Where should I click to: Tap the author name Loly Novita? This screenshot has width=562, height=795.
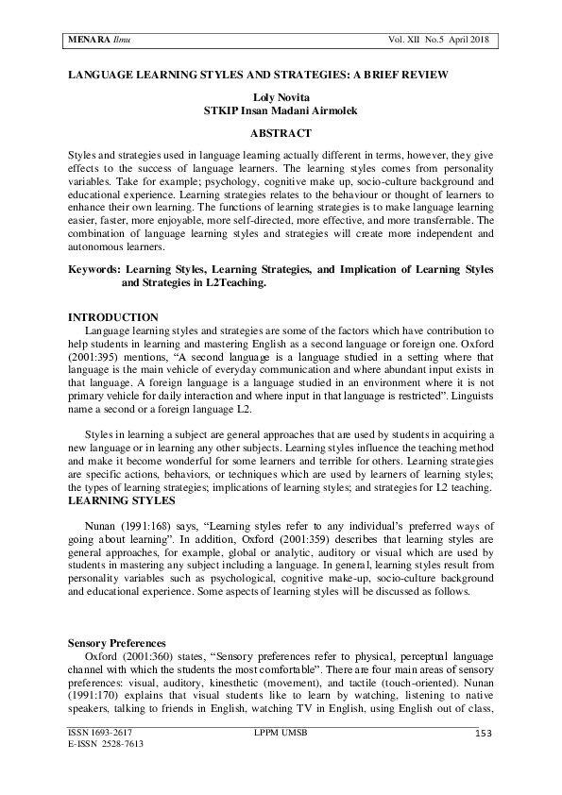point(281,97)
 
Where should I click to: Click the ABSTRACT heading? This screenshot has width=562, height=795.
point(281,133)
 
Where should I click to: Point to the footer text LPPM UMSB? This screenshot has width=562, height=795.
point(281,733)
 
